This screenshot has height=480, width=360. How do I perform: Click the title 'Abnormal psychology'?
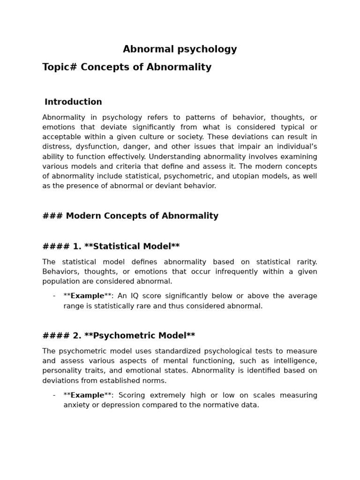click(180, 49)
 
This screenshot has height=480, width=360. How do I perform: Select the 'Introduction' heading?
click(73, 102)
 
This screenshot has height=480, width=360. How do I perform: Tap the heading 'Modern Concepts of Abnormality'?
click(142, 216)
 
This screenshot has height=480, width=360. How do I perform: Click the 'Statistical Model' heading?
click(132, 247)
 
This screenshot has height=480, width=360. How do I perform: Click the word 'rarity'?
click(304, 262)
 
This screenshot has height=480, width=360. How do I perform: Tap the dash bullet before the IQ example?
click(54, 296)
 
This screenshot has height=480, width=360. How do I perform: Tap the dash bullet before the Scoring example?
click(54, 395)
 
